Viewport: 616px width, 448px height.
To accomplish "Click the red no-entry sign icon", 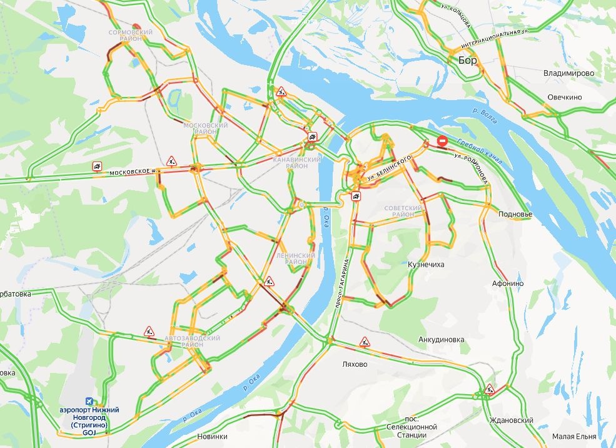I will (x=442, y=141).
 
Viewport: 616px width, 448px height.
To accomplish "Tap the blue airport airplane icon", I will (x=89, y=401).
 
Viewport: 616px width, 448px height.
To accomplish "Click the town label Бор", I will (x=467, y=61).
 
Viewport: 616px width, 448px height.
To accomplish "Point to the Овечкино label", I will (x=565, y=97).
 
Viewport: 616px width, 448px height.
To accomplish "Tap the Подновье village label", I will (x=515, y=214).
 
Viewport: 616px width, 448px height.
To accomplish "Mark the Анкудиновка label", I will (x=441, y=340).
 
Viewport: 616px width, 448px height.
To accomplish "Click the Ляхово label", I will (x=355, y=364).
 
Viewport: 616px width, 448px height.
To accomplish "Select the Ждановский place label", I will (x=511, y=420).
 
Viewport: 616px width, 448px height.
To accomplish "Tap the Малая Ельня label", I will (x=574, y=436).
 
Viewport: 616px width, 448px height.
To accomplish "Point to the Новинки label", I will (x=212, y=436).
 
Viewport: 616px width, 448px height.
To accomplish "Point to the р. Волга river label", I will (x=485, y=116).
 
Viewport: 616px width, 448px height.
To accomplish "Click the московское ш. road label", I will (x=131, y=171).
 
